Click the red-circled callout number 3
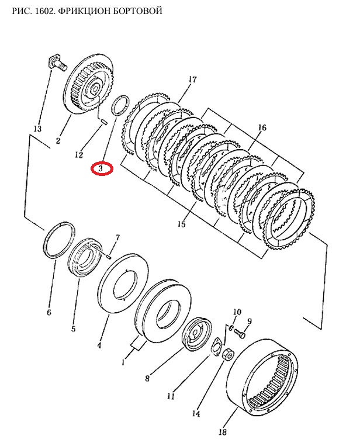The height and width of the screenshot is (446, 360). [x=101, y=168]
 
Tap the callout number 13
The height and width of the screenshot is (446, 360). [x=37, y=129]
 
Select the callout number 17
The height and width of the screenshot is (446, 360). [x=192, y=79]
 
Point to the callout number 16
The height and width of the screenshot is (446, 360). [x=262, y=127]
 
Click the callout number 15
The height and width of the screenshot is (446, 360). [x=181, y=224]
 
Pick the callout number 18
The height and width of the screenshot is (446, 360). [x=223, y=432]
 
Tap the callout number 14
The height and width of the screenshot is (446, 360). [x=196, y=413]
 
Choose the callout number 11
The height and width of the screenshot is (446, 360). [x=171, y=396]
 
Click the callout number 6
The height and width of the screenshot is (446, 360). [x=49, y=312]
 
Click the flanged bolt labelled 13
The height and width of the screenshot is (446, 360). [x=57, y=63]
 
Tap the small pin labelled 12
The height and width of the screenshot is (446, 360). [x=104, y=122]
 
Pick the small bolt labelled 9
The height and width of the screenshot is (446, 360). [x=240, y=333]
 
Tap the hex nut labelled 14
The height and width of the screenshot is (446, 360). [x=229, y=355]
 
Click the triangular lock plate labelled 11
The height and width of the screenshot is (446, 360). [x=217, y=347]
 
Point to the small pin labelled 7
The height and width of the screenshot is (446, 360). [x=108, y=256]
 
